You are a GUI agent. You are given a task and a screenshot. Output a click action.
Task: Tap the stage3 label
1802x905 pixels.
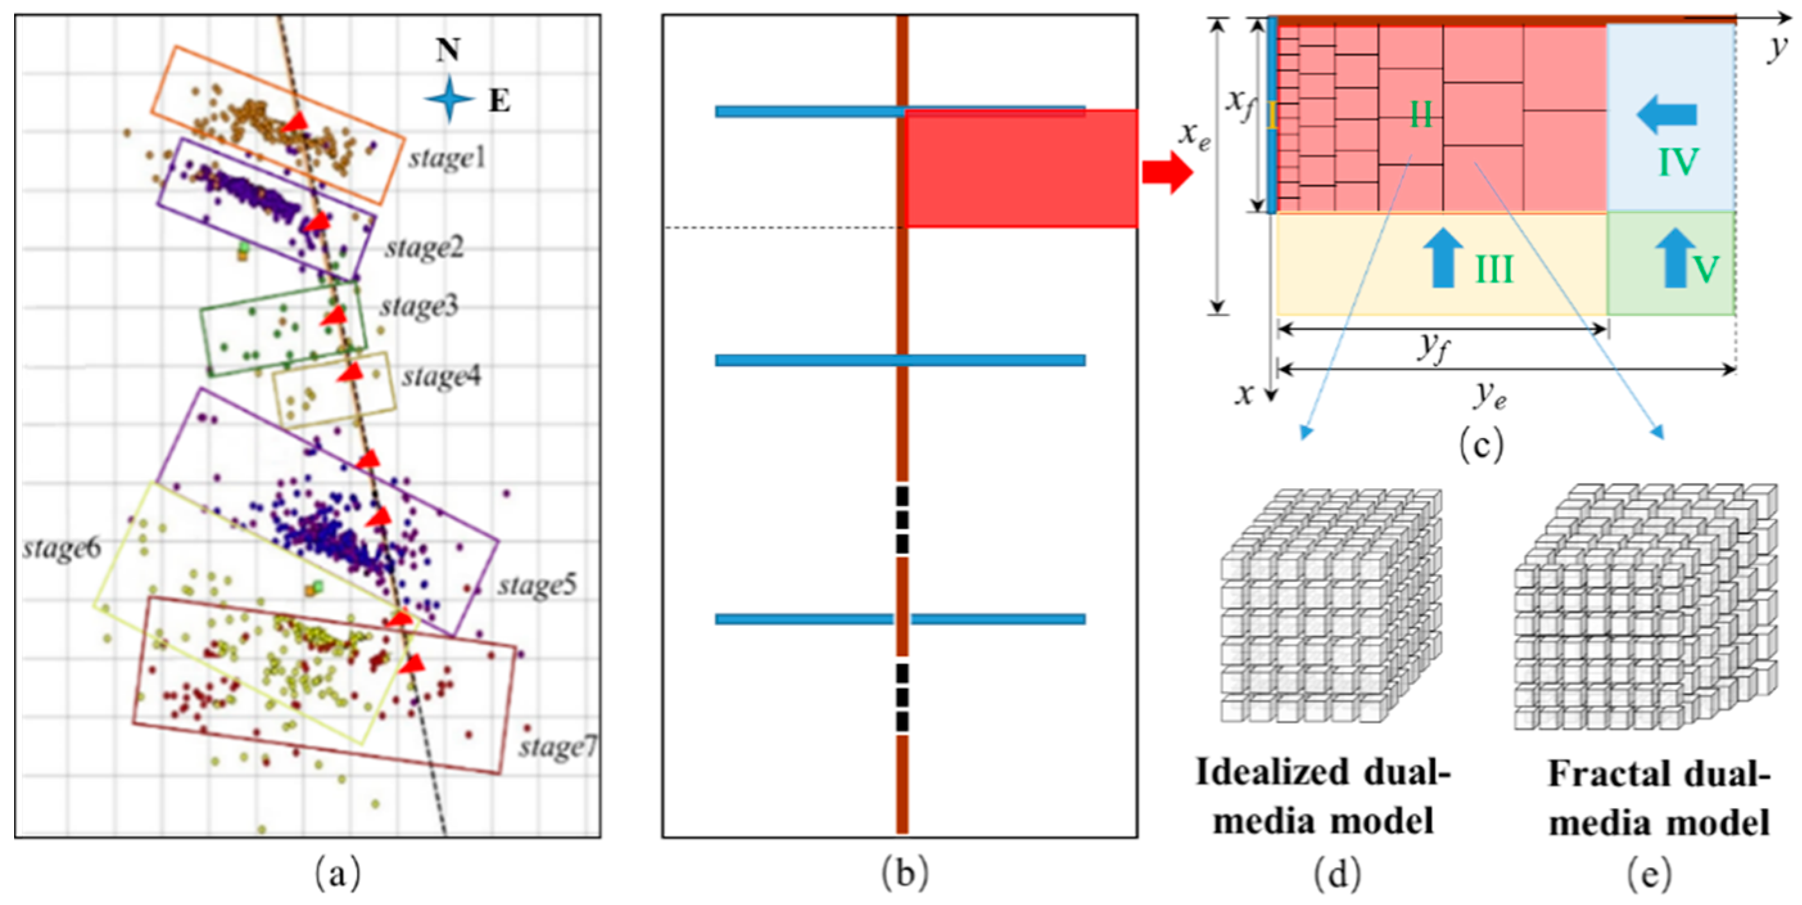[419, 306]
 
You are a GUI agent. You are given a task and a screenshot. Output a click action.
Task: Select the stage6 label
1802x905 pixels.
[62, 549]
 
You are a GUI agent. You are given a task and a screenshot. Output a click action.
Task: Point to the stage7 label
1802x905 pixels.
[558, 748]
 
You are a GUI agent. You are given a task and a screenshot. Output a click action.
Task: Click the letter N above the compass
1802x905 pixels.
[448, 50]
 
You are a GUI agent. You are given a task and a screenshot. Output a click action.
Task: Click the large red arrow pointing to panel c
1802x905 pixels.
[1167, 172]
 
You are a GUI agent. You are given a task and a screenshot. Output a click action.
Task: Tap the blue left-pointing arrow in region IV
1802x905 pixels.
[1667, 115]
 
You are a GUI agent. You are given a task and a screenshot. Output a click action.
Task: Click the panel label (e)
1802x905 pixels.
[1649, 874]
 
